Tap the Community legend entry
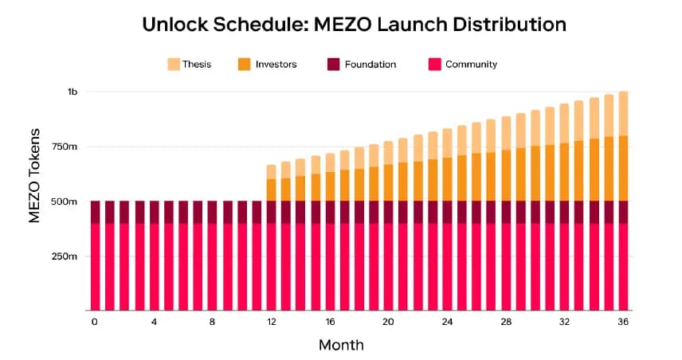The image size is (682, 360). (x=469, y=64)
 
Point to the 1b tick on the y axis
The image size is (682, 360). (x=73, y=92)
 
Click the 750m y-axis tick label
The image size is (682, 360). (x=65, y=147)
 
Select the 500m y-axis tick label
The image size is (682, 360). (x=65, y=202)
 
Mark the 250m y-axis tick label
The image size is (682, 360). (x=65, y=256)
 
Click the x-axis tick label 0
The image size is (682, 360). (x=95, y=322)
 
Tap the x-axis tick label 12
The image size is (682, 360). (x=271, y=322)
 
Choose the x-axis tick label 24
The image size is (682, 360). (x=447, y=322)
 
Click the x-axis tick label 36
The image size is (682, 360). (x=623, y=322)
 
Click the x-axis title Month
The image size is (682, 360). (x=341, y=346)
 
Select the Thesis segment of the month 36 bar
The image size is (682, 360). (x=623, y=113)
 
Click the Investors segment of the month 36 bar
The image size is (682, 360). (x=623, y=168)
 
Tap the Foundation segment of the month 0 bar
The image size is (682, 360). (x=96, y=212)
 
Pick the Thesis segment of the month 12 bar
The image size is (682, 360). (x=271, y=171)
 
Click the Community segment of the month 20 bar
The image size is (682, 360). (x=388, y=267)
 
